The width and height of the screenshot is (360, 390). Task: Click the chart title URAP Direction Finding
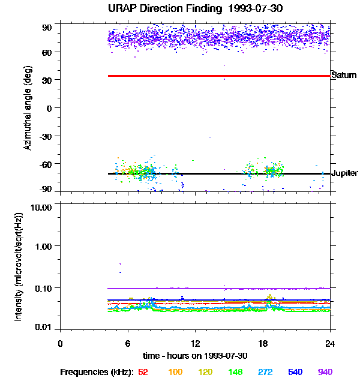179,9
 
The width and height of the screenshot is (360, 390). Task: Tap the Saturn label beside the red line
344,76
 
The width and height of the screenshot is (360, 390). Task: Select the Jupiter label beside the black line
344,173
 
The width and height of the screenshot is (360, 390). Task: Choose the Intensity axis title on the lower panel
19,266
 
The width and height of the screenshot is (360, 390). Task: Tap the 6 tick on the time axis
128,343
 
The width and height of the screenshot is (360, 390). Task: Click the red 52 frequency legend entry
143,372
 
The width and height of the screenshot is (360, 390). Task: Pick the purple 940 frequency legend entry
325,372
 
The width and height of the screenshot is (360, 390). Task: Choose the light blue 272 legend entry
265,372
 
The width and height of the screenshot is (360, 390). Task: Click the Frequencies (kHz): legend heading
96,372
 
